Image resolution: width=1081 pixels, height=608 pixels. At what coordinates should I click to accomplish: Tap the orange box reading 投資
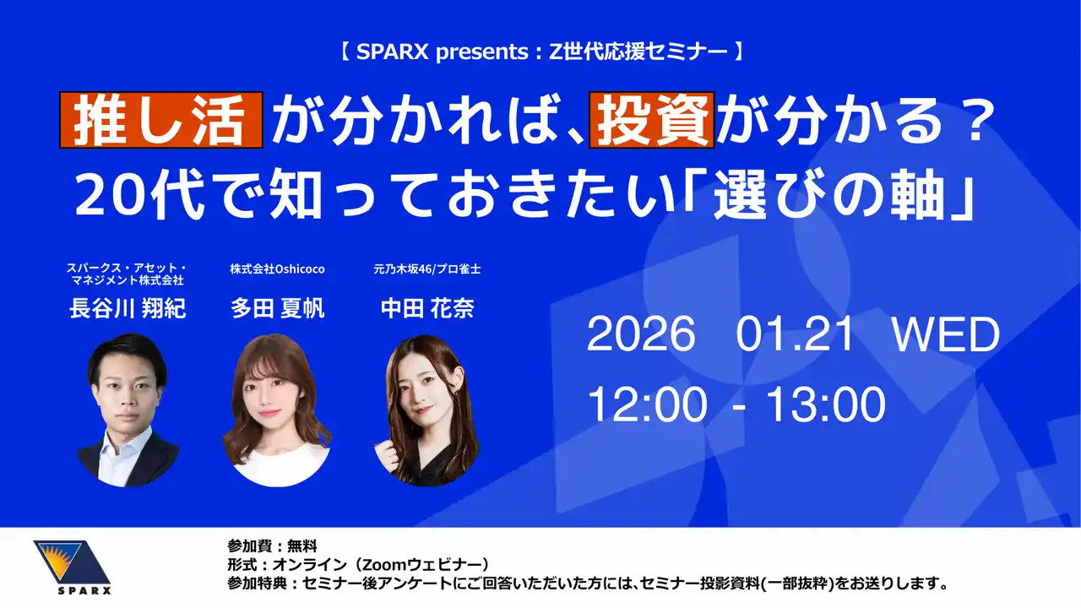pyautogui.click(x=651, y=120)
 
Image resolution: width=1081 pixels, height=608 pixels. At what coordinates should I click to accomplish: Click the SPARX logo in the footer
pyautogui.click(x=71, y=567)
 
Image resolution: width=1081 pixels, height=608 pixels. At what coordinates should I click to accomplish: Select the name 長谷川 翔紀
pyautogui.click(x=128, y=308)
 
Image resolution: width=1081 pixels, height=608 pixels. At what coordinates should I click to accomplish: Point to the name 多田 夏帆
pyautogui.click(x=277, y=308)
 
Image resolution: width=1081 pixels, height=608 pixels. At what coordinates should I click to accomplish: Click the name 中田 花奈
pyautogui.click(x=427, y=308)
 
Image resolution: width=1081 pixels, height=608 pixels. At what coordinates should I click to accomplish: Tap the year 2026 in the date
pyautogui.click(x=641, y=336)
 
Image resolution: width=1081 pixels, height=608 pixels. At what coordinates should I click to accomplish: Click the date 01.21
pyautogui.click(x=796, y=336)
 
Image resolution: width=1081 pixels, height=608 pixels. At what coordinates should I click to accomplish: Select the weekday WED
pyautogui.click(x=946, y=336)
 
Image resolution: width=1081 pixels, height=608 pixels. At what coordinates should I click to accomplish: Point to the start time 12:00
pyautogui.click(x=647, y=406)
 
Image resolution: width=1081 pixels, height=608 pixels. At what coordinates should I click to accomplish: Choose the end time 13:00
pyautogui.click(x=824, y=406)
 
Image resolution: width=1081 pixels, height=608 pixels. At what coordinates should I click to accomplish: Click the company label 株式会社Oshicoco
pyautogui.click(x=277, y=269)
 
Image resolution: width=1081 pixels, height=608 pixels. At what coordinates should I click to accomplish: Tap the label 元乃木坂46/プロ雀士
pyautogui.click(x=427, y=269)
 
